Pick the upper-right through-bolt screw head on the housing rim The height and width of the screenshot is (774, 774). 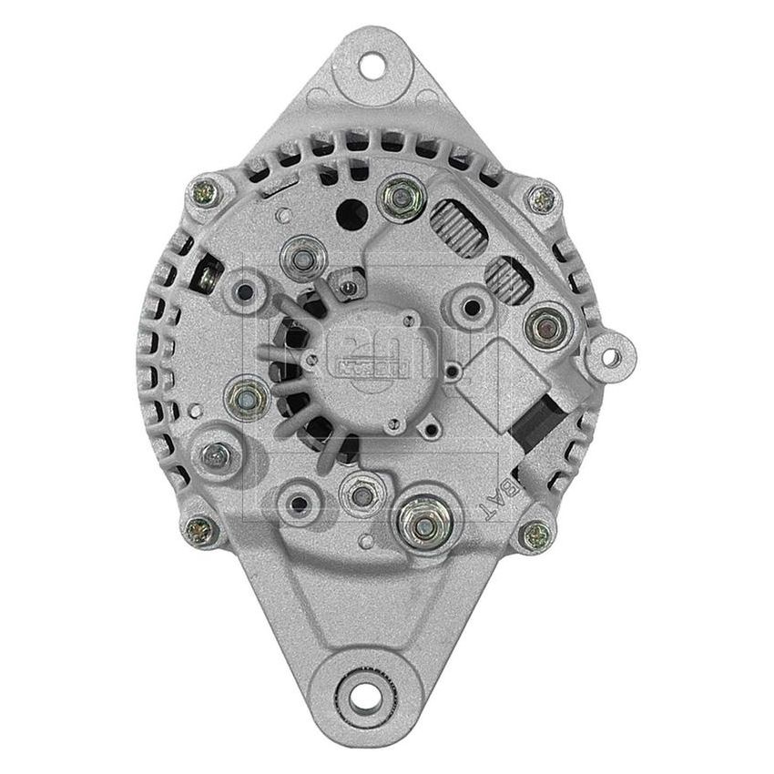(544, 198)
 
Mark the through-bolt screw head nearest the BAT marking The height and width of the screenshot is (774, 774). (541, 532)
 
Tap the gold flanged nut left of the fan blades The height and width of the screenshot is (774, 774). (244, 396)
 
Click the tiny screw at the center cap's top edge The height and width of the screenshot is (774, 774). (347, 290)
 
